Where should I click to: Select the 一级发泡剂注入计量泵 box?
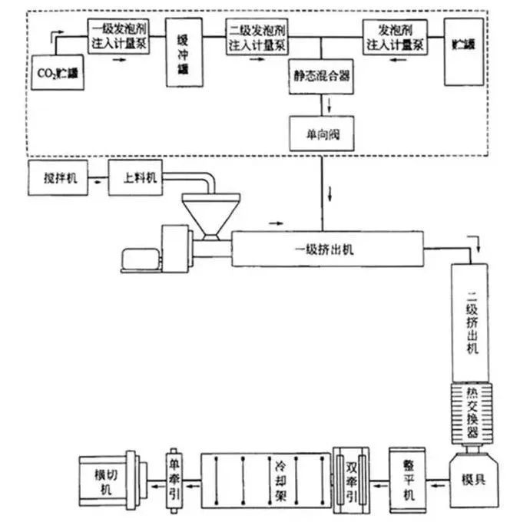coord(118,37)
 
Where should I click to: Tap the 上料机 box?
coord(139,177)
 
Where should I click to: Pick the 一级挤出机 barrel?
coord(326,249)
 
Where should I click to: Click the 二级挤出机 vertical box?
coord(472,322)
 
